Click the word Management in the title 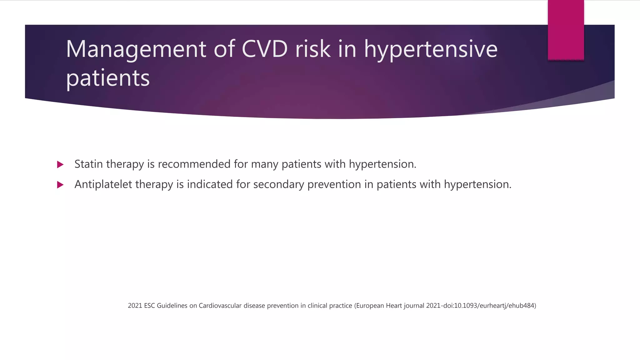click(136, 49)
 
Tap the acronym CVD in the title click(264, 49)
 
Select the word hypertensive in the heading click(431, 49)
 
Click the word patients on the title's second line click(108, 78)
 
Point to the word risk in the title click(313, 49)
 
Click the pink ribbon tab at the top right click(566, 30)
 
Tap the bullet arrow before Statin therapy click(60, 164)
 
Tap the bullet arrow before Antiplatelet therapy click(60, 185)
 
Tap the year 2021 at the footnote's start click(135, 306)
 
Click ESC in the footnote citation click(149, 306)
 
